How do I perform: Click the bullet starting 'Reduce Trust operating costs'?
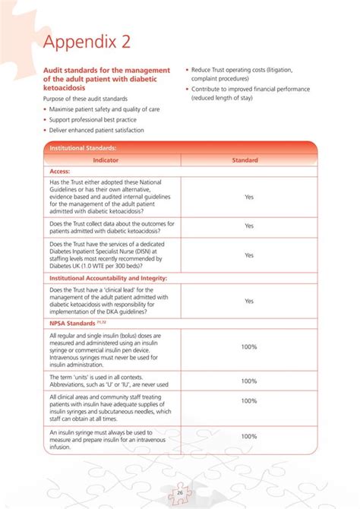(x=242, y=70)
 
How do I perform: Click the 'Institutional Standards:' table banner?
(x=83, y=148)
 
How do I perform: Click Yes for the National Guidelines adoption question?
(x=248, y=197)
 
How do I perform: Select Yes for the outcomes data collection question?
(x=248, y=226)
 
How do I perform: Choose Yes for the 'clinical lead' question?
(x=248, y=301)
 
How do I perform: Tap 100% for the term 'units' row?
(x=248, y=381)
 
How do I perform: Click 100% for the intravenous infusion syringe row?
(x=248, y=436)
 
